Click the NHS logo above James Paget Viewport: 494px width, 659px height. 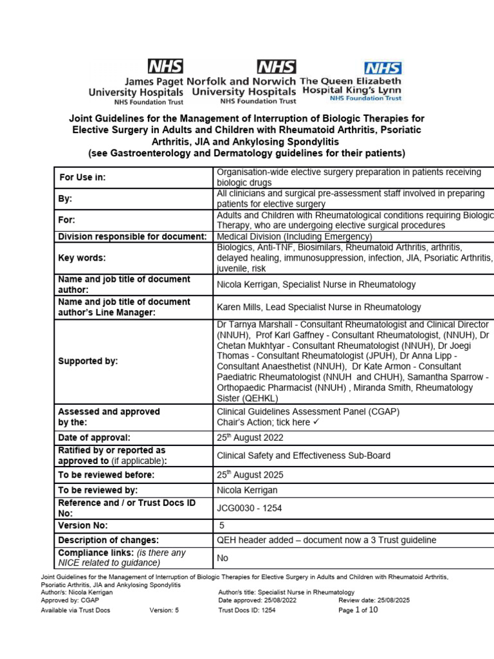click(165, 66)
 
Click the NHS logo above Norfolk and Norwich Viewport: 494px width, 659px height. click(277, 66)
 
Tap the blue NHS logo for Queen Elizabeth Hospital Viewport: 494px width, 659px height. click(383, 68)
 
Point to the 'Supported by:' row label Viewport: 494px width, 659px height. click(88, 361)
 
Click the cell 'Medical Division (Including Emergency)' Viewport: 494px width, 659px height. click(295, 236)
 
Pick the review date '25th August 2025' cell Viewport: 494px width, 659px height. click(250, 475)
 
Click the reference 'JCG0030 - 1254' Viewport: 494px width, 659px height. click(250, 508)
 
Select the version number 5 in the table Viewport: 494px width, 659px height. click(223, 525)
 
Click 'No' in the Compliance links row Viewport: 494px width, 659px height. click(223, 558)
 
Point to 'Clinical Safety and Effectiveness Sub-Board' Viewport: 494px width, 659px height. click(304, 456)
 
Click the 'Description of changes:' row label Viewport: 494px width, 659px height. click(108, 541)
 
